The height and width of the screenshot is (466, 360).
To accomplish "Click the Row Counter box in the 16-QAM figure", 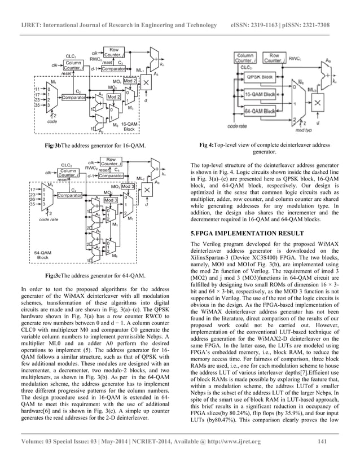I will [114, 52].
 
